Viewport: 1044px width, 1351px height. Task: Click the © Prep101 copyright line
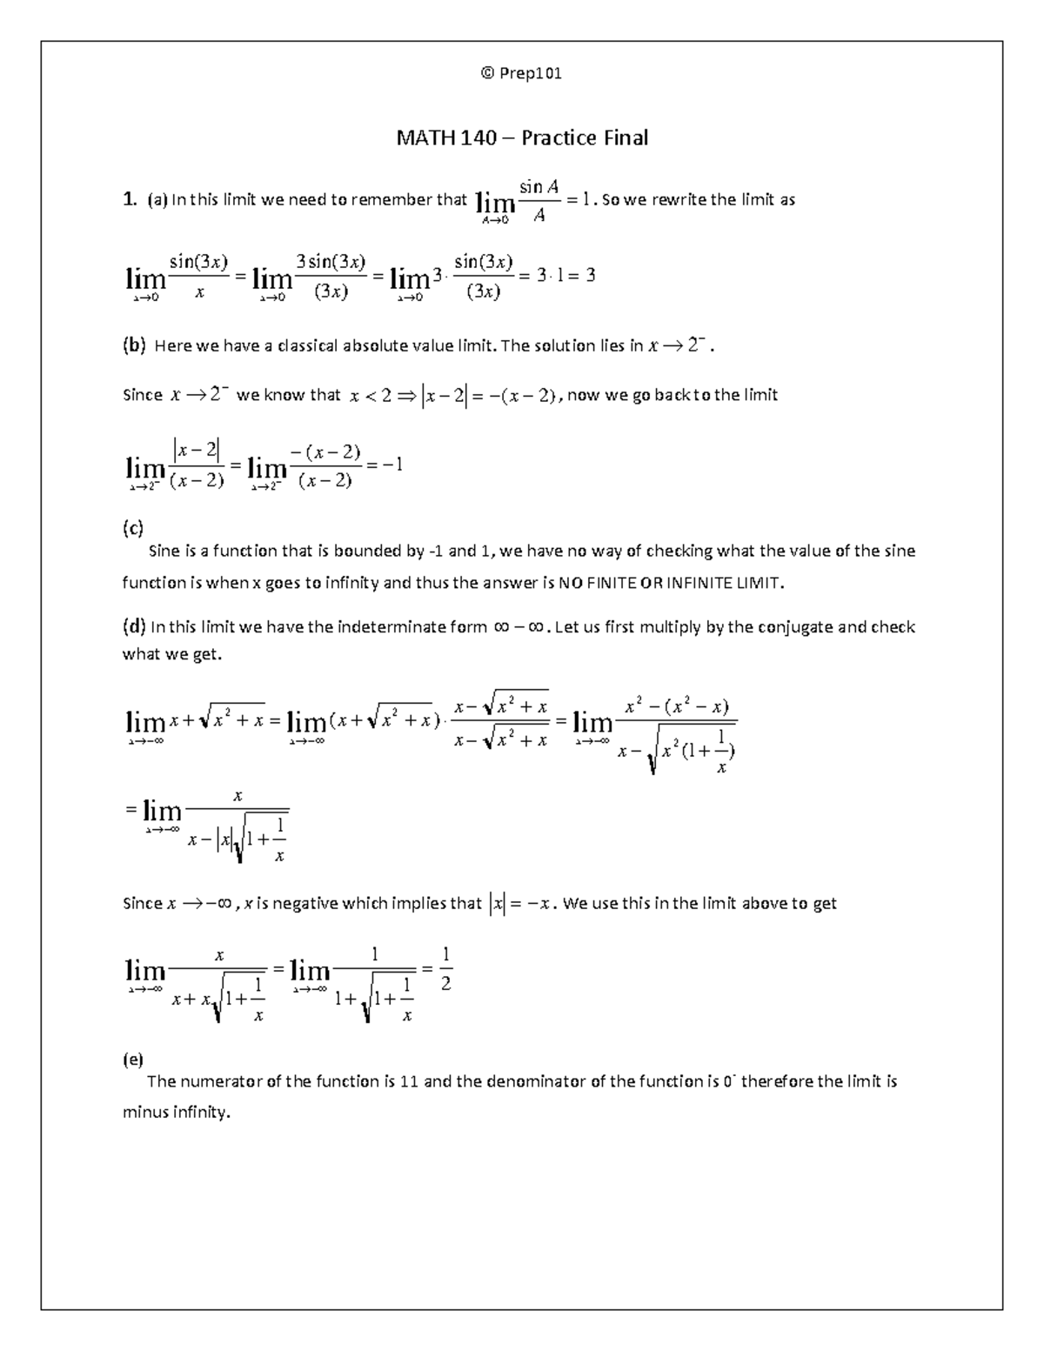click(x=521, y=73)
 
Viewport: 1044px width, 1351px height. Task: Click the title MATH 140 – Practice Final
click(x=522, y=137)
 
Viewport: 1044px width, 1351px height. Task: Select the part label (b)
click(x=135, y=345)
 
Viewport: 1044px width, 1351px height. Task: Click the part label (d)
click(x=135, y=627)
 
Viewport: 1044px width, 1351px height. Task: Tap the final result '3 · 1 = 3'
click(x=565, y=276)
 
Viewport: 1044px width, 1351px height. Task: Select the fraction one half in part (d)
click(x=445, y=969)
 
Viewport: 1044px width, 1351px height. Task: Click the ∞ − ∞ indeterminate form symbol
click(x=519, y=627)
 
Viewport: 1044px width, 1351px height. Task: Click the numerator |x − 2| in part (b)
click(x=197, y=450)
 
